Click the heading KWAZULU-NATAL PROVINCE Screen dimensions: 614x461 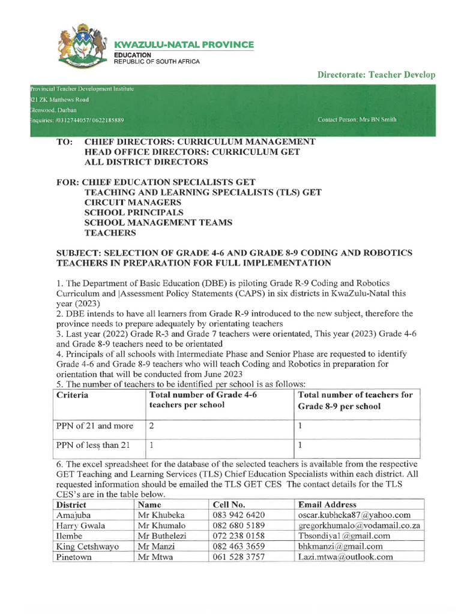(184, 45)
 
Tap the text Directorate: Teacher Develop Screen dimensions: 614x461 (376, 75)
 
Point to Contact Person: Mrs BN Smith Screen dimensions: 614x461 (357, 120)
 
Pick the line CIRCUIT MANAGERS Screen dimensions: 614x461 (134, 203)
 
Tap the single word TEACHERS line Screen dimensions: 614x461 (110, 233)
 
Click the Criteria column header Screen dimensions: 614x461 (72, 395)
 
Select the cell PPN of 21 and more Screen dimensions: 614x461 (95, 426)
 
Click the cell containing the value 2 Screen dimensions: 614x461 (152, 426)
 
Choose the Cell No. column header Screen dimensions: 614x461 (229, 505)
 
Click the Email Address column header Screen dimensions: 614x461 (327, 505)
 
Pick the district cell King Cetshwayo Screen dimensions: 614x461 (88, 546)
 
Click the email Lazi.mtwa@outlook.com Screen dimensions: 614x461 (345, 556)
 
